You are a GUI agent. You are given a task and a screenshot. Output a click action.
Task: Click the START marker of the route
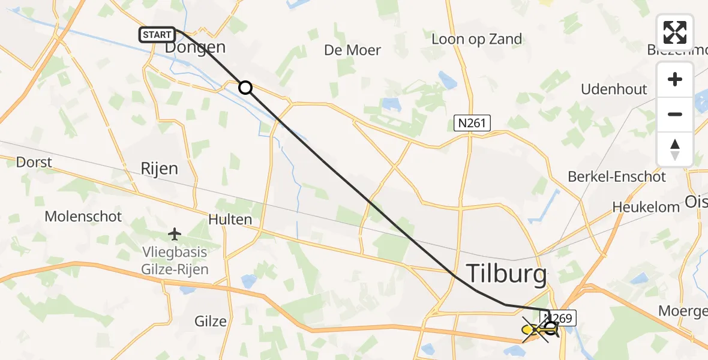tap(157, 35)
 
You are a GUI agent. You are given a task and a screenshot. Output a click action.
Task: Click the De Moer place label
tap(352, 50)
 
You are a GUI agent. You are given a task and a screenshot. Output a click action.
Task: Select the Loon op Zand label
tap(477, 40)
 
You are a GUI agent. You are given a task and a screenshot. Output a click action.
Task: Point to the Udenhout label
tap(614, 89)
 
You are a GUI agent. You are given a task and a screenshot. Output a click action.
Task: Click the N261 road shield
tap(472, 124)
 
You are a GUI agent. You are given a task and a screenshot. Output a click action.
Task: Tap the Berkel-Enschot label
tap(617, 177)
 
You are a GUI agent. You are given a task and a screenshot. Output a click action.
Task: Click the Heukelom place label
tap(646, 207)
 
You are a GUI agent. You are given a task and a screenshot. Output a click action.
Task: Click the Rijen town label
tap(159, 169)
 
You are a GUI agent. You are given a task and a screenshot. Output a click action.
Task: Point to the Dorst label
tap(34, 162)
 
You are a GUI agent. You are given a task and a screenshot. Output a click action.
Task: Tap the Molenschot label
tap(83, 216)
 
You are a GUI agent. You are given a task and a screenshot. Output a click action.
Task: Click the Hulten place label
tap(230, 220)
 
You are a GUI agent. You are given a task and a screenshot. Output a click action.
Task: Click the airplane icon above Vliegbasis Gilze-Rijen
tap(175, 233)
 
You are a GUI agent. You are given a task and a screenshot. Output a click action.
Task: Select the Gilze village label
tap(211, 321)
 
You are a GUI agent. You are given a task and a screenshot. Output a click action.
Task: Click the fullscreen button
tap(675, 32)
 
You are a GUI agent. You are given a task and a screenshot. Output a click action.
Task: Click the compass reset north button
tap(675, 149)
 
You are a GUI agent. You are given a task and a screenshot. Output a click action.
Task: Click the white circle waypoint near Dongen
tap(245, 88)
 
